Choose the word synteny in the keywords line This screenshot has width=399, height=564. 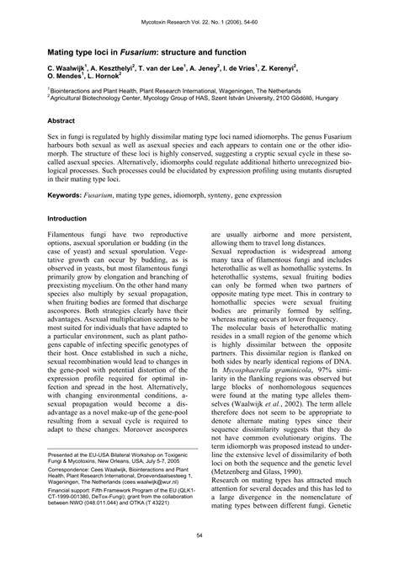[x=236, y=194]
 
